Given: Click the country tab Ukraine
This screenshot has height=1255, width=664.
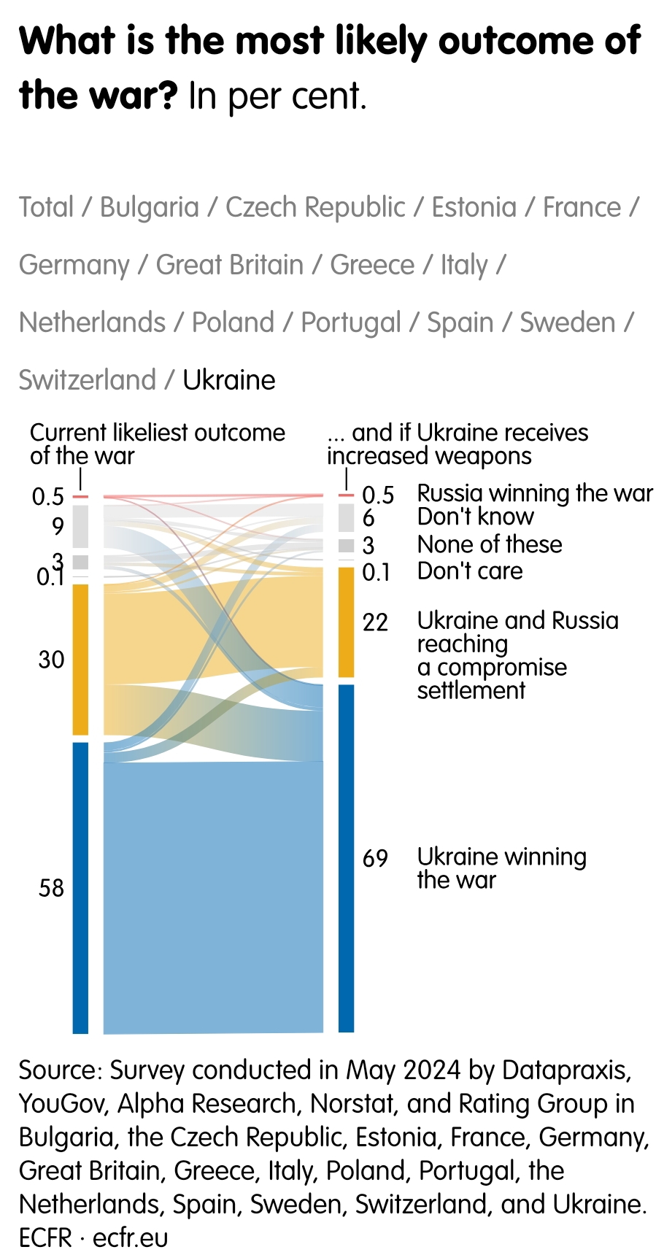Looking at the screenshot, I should point(228,380).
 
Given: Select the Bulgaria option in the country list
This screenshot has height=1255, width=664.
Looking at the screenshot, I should point(149,207).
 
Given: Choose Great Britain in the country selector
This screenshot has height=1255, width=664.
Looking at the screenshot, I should point(229,265).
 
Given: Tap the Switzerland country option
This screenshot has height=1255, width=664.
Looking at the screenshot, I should point(87,380).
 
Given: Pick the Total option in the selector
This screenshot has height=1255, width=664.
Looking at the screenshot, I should point(46,207).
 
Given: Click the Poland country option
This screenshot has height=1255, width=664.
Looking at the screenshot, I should point(233,323).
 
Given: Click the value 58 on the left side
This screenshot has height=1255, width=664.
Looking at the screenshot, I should point(51,888).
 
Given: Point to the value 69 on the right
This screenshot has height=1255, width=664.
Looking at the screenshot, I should point(375,858).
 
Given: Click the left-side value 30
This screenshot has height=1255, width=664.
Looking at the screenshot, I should point(51,660).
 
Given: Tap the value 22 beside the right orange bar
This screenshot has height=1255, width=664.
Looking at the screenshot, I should point(375,622).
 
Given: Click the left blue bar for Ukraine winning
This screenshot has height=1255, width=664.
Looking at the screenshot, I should point(80,887).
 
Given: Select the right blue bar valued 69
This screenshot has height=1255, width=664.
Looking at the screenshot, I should point(347,858).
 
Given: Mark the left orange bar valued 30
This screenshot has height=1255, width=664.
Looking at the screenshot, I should point(80,660).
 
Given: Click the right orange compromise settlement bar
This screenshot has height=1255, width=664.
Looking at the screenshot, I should point(347,622).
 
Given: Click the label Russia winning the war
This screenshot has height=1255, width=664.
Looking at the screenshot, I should point(534,493).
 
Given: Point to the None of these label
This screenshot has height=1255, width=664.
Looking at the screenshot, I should point(489,544).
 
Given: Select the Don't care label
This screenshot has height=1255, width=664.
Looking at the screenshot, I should point(469,571).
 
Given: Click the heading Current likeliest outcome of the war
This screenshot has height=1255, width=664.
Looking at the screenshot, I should point(157,444).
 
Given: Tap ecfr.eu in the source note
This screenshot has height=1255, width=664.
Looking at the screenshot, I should point(131,1238).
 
